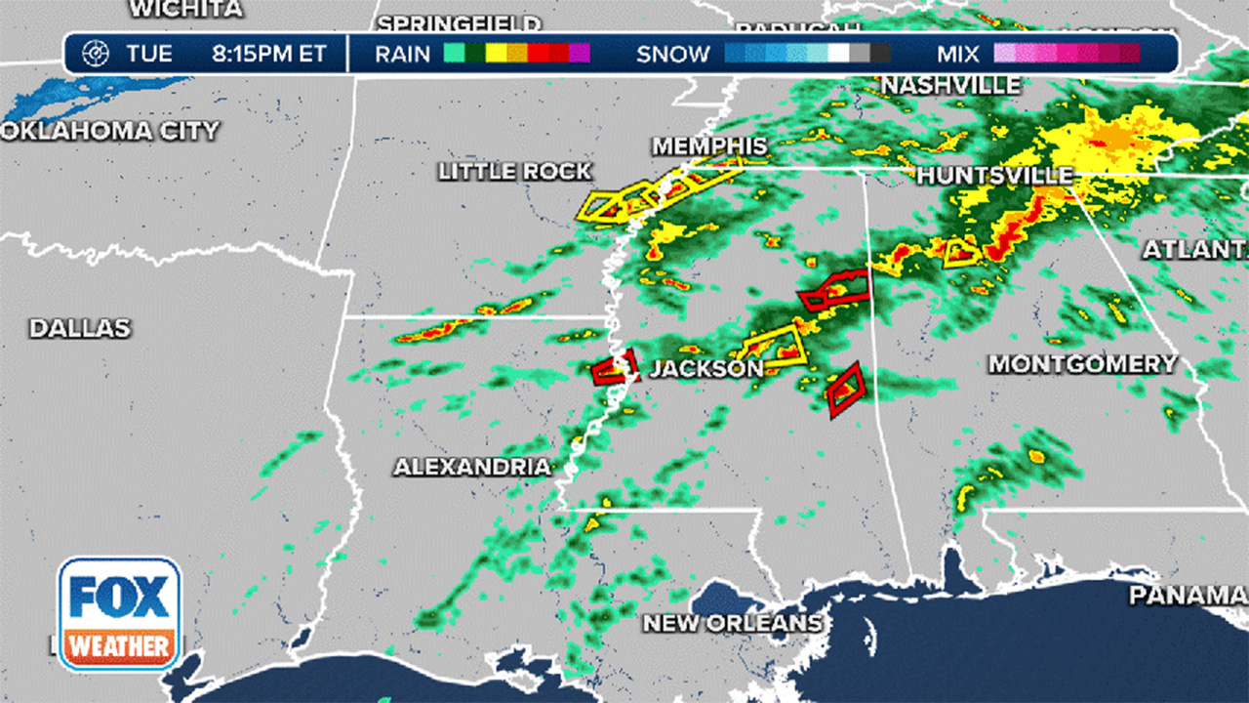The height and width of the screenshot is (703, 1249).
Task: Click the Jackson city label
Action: point(706,369)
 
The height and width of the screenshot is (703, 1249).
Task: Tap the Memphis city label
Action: point(709,146)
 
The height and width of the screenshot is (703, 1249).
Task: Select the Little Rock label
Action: point(514,172)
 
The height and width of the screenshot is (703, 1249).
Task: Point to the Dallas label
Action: point(79,328)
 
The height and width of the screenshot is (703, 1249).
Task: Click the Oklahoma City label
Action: point(109,131)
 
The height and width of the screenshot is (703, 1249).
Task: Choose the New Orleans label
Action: point(732,622)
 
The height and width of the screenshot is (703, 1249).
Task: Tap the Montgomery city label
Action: point(1083,364)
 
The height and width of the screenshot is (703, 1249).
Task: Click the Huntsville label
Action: point(994,176)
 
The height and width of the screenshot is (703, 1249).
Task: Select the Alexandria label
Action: point(471,468)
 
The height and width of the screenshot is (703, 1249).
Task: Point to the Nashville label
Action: point(951,86)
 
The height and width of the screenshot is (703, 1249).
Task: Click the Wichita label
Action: point(185,10)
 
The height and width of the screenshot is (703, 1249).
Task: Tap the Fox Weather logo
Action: point(119,613)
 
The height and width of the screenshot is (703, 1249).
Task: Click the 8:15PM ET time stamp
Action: point(269,54)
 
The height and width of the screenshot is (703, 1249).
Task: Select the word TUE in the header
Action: point(148,54)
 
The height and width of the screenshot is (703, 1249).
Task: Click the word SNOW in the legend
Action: point(673,54)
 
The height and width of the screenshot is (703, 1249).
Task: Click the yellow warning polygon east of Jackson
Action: point(773,345)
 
